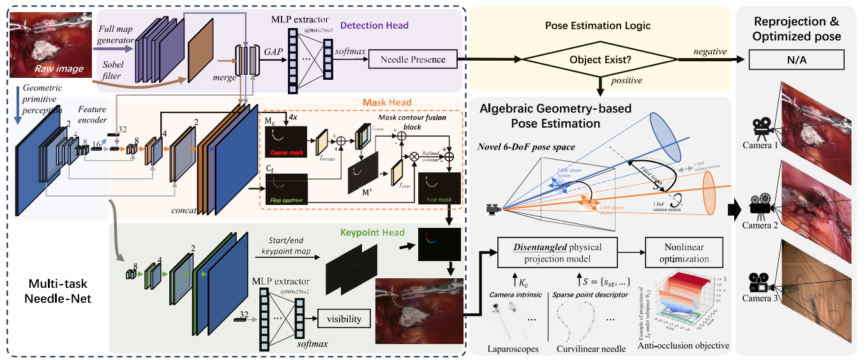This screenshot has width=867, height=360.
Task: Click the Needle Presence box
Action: [x=412, y=60]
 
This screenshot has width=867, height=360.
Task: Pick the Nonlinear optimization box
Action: [x=684, y=252]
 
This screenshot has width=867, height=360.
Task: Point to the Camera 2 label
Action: [x=760, y=225]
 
